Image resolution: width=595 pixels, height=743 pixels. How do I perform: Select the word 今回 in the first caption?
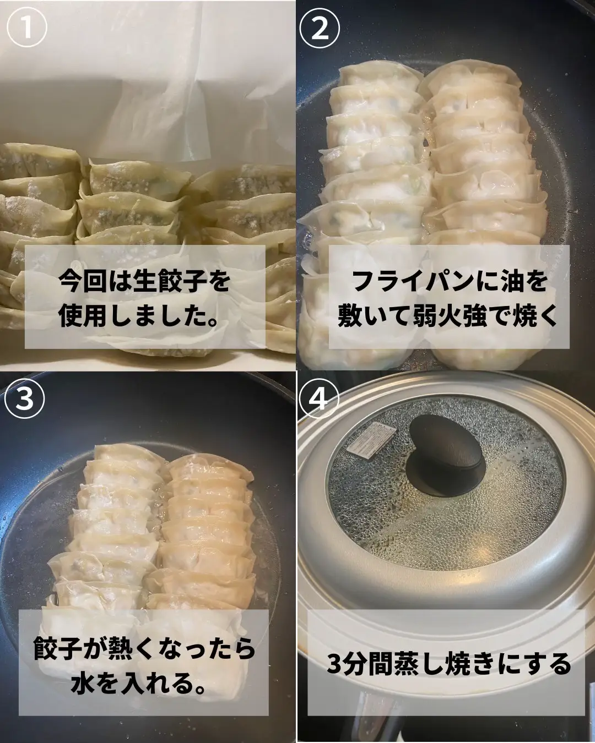click(x=83, y=282)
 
